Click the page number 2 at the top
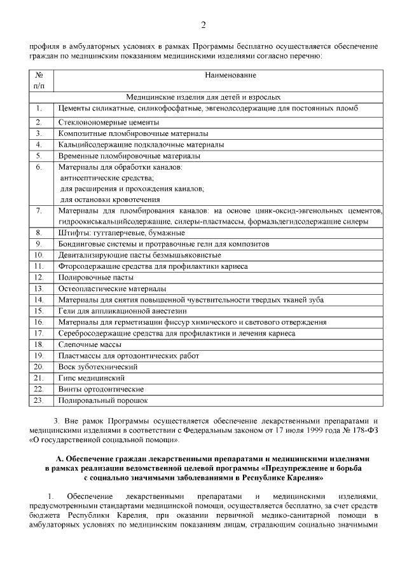(x=203, y=25)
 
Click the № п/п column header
(x=39, y=80)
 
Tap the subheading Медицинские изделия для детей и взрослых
(x=203, y=98)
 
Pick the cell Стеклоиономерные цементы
(x=108, y=122)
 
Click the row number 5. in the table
(x=39, y=156)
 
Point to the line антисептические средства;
(x=102, y=179)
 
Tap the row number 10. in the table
(x=39, y=255)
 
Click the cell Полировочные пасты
(x=96, y=278)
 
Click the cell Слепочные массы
(x=90, y=344)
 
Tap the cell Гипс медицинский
(x=88, y=378)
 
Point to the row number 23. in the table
(x=39, y=400)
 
